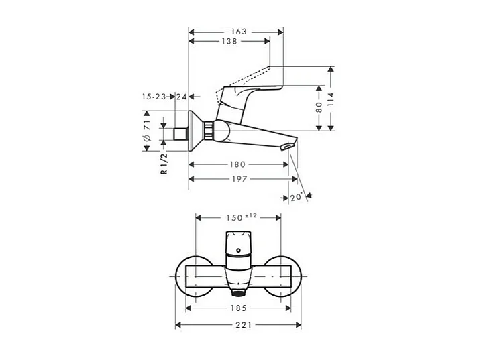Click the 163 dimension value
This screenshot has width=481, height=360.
239,32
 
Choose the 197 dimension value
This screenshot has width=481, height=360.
239,179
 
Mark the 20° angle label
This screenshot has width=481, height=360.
297,197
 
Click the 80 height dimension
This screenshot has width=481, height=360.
320,108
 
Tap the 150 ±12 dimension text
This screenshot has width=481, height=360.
242,217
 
